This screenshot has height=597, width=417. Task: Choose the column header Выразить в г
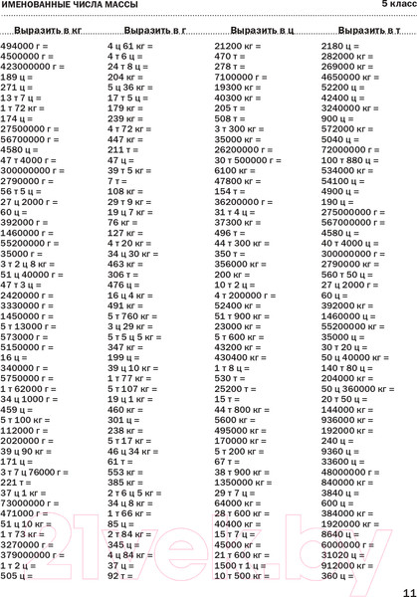coord(153,31)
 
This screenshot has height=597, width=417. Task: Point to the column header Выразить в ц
coord(261,31)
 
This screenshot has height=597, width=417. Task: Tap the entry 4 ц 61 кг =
coord(130,47)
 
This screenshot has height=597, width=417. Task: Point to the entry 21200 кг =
coord(239,47)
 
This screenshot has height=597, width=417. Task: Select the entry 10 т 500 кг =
coord(246,575)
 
